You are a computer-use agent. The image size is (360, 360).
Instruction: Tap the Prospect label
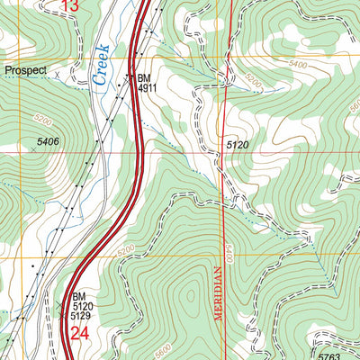click(x=24, y=69)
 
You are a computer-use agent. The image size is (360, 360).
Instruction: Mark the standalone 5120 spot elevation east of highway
click(x=238, y=144)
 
